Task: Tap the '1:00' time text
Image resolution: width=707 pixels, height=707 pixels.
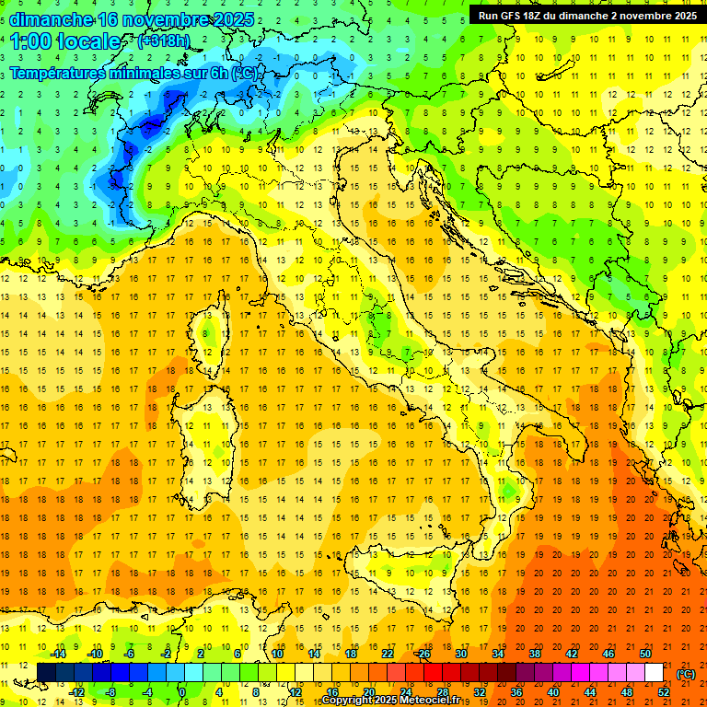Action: coord(28,41)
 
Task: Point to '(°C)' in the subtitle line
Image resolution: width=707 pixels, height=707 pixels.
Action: coord(245,73)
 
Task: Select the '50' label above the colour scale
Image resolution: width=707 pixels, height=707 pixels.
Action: coord(644,654)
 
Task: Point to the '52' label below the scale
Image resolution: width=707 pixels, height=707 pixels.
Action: coord(664,692)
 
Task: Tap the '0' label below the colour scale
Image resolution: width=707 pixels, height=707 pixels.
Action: coord(183,692)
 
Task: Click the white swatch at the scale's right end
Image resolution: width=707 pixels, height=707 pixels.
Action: coord(655,673)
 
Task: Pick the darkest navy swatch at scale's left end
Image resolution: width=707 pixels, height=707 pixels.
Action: coord(46,673)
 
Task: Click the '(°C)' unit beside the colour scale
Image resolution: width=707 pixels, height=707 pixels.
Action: coord(686,674)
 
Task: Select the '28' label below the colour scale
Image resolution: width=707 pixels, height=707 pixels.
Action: coord(442,692)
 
